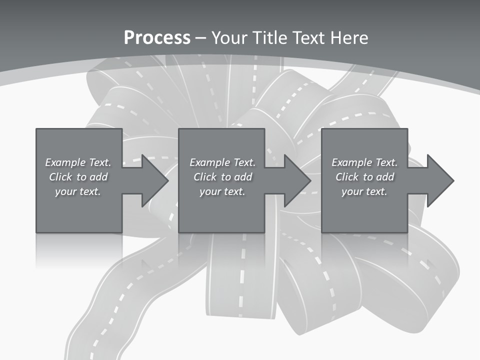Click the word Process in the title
[x=157, y=38]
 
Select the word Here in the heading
[x=349, y=38]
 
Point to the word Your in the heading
[x=230, y=38]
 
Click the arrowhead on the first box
[x=154, y=180]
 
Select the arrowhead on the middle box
[x=297, y=180]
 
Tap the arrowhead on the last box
[x=439, y=180]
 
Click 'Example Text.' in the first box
[x=78, y=162]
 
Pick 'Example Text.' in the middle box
[x=222, y=162]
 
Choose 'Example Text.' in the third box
[x=364, y=162]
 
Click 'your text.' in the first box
[x=78, y=191]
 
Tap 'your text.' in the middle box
[x=222, y=191]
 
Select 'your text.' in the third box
[x=364, y=191]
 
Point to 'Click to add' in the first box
[x=78, y=177]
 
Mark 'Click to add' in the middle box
[x=222, y=177]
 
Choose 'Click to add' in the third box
[x=364, y=177]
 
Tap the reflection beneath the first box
[x=79, y=250]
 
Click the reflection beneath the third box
[x=364, y=250]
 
